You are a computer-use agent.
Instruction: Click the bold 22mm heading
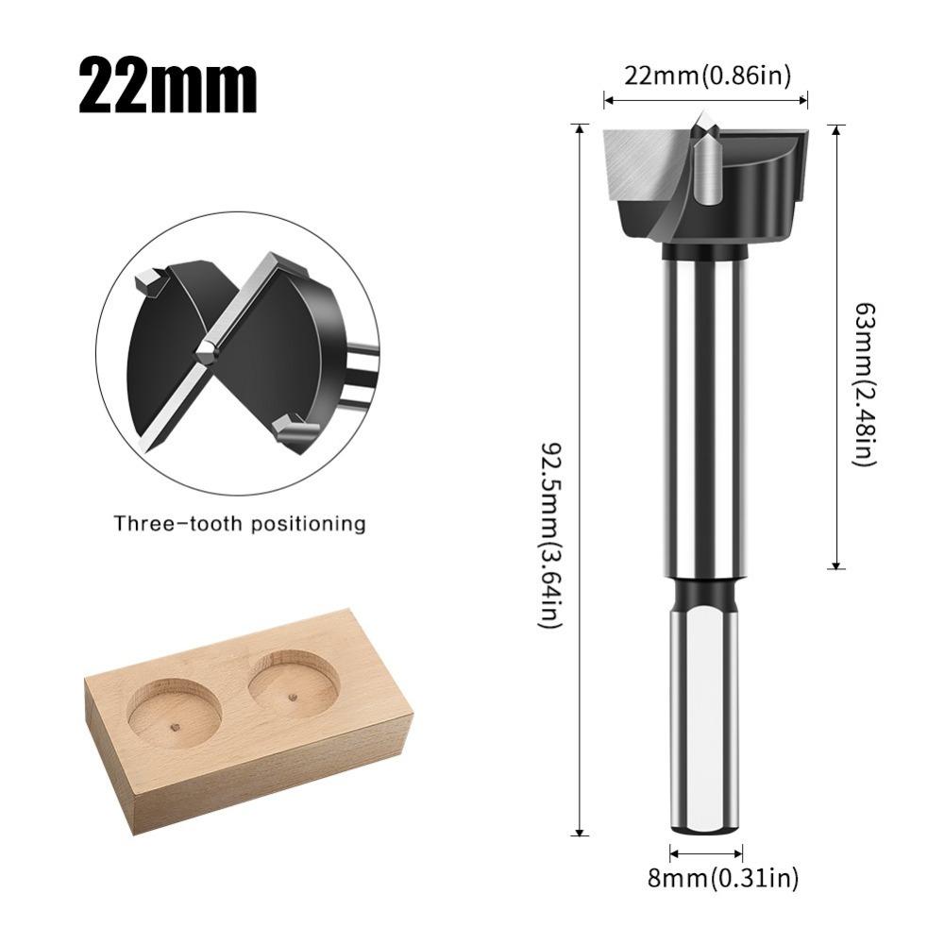pyautogui.click(x=167, y=87)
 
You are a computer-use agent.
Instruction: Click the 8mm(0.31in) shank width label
pyautogui.click(x=723, y=879)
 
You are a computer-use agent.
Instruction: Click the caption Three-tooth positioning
pyautogui.click(x=240, y=523)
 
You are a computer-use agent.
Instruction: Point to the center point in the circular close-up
pyautogui.click(x=206, y=351)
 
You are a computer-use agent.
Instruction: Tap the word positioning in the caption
pyautogui.click(x=310, y=524)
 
